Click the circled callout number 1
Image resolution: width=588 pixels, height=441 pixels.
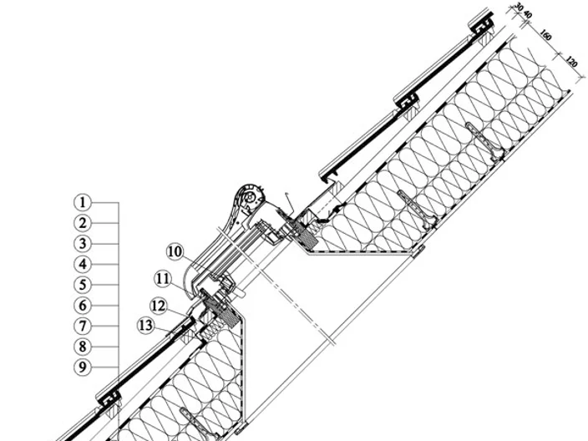(83, 202)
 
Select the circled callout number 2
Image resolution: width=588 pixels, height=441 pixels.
(83, 223)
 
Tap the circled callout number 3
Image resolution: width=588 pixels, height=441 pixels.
(83, 244)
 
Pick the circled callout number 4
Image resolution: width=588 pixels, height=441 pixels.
(83, 265)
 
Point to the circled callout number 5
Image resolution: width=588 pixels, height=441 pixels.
(83, 285)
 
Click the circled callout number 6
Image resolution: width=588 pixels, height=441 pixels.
(83, 306)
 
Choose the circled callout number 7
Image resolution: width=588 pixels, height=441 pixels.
(83, 327)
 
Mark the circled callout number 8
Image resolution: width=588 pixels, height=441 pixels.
(83, 347)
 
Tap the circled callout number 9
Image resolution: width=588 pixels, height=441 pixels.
(83, 367)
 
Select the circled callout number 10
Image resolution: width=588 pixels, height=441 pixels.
(175, 251)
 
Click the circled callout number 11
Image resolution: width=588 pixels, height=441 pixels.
(163, 279)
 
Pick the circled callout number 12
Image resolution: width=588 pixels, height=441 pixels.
(159, 306)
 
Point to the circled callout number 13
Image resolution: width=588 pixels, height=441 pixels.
(146, 326)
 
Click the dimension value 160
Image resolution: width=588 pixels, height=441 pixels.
(546, 36)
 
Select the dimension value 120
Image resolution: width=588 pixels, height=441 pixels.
(570, 62)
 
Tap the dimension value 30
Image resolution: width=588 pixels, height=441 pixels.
(519, 7)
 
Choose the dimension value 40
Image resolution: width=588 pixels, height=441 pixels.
(527, 15)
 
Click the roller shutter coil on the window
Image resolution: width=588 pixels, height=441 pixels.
(249, 197)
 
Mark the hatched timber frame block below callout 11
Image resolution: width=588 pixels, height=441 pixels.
(220, 309)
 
